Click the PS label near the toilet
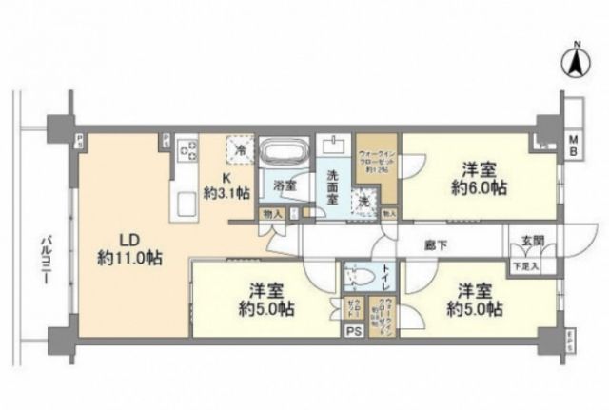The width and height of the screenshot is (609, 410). click(x=353, y=331)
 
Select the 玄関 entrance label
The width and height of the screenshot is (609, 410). click(x=525, y=243)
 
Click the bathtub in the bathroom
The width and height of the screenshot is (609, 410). click(x=285, y=153)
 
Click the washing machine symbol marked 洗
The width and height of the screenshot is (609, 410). click(x=363, y=202)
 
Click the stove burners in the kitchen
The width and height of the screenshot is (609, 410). click(x=187, y=150)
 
